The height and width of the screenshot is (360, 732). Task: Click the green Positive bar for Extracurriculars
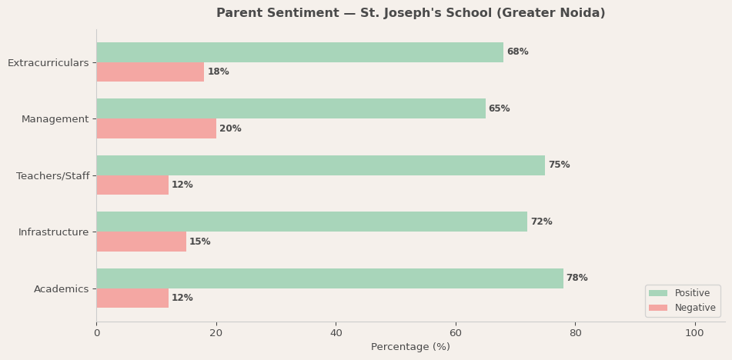tap(299, 52)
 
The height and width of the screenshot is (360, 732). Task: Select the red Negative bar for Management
tap(156, 128)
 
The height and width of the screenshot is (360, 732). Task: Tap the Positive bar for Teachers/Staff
tap(320, 165)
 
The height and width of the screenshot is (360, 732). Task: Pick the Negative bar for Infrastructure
tap(141, 242)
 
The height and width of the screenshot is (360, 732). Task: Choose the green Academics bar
tap(329, 278)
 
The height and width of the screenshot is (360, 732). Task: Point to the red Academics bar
tap(132, 298)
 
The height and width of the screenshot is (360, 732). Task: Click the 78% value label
tap(577, 278)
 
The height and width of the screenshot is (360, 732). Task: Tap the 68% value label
tap(517, 52)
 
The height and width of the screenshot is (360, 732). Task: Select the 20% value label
tap(230, 128)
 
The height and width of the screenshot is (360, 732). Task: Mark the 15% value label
tap(199, 242)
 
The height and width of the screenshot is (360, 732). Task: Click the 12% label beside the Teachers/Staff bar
tap(182, 185)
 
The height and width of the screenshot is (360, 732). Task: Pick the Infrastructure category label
tap(53, 232)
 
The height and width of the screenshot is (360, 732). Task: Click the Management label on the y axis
tap(55, 119)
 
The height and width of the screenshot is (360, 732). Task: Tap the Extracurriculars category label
tap(48, 63)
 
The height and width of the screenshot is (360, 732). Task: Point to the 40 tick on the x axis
tap(336, 333)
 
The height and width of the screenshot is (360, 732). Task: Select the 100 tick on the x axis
tap(694, 333)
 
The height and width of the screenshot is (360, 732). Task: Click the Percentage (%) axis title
tap(410, 347)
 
